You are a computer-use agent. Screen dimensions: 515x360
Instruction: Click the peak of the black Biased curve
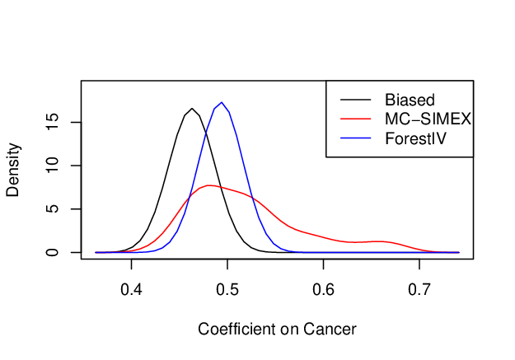coord(192,109)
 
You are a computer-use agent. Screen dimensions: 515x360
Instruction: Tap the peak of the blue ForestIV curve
coord(222,102)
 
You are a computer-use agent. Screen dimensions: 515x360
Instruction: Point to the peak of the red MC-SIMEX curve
coord(208,185)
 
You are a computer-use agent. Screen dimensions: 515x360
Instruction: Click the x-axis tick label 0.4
coord(131,289)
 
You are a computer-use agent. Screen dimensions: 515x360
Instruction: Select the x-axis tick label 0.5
coord(227,289)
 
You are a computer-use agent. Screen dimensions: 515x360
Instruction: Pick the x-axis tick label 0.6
coord(324,289)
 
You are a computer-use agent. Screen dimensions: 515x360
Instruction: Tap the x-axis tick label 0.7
coord(419,289)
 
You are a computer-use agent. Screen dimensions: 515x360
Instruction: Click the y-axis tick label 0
coord(52,252)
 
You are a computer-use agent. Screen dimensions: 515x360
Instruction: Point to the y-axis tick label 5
coord(52,209)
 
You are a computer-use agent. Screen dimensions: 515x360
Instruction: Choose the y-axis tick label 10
coord(52,166)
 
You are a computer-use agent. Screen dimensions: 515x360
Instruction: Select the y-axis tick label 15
coord(52,122)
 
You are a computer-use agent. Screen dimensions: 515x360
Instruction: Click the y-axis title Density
coord(13,170)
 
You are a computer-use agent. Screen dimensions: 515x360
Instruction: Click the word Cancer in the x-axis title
coord(330,329)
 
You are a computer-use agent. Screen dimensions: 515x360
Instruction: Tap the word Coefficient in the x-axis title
coord(236,329)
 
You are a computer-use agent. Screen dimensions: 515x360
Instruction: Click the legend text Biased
coord(410,100)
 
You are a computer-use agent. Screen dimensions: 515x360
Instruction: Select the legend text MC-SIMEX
coord(428,119)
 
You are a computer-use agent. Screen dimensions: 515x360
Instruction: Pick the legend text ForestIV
coord(415,138)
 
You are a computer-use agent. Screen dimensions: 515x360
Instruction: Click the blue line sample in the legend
coord(356,138)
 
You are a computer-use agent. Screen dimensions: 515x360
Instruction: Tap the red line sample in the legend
coord(356,119)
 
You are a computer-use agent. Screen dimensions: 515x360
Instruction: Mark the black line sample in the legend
coord(356,100)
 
